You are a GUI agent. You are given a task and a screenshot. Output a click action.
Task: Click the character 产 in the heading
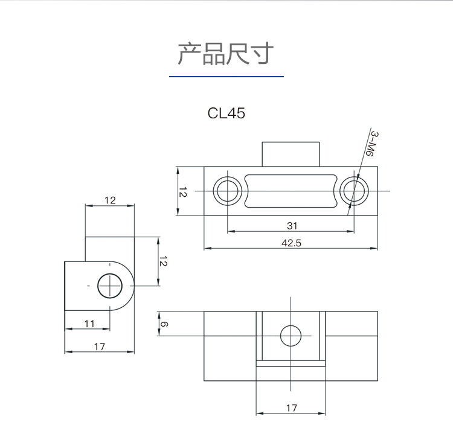(188, 54)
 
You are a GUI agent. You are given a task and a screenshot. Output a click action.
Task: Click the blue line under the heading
(226, 77)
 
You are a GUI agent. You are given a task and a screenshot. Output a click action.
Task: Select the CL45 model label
(226, 113)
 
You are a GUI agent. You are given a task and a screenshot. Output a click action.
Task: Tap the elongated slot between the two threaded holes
(290, 191)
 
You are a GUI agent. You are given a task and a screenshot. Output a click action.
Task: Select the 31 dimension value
(292, 226)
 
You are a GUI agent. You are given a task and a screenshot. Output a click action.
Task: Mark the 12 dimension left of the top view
(183, 191)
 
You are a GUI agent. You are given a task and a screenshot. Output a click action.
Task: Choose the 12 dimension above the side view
(109, 200)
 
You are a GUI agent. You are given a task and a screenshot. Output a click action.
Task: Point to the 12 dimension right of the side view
(162, 261)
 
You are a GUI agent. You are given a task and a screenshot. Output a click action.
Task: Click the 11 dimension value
(89, 324)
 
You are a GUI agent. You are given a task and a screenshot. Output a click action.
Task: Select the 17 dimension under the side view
(100, 347)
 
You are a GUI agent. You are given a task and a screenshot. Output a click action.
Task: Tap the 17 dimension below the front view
(291, 408)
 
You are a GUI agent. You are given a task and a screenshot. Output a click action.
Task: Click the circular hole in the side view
(110, 285)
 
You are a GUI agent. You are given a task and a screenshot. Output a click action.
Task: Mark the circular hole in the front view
(291, 336)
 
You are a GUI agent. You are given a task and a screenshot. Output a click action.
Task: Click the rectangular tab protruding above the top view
(291, 153)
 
